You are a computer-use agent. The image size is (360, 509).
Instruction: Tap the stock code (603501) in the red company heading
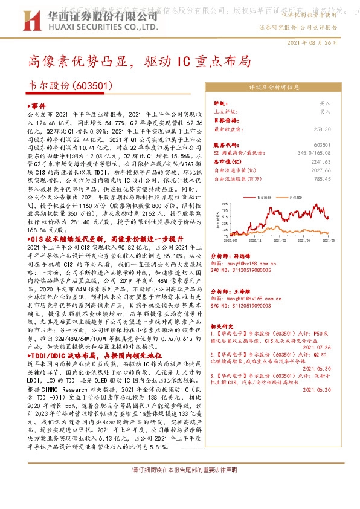pos(94,86)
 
